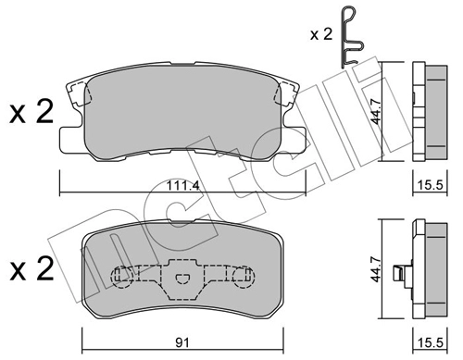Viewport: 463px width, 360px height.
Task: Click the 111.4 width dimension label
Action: coord(182,186)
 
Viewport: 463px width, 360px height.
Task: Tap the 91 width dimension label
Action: coord(182,342)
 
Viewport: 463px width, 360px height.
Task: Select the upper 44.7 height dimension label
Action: coord(376,111)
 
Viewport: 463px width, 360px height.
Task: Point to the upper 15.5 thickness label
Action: coord(430,185)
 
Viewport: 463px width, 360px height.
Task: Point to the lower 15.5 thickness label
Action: coord(430,342)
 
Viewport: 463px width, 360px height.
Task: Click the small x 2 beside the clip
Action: coord(321,34)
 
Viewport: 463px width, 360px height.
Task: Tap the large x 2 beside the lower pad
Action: coord(31,268)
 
